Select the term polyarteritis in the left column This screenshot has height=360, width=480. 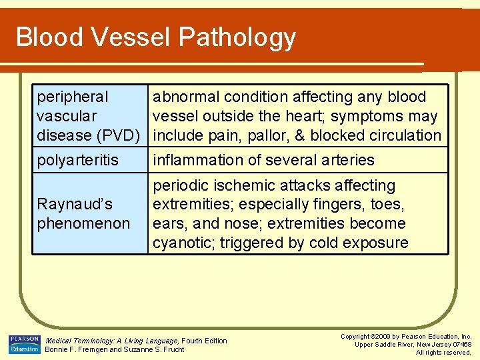[x=77, y=160]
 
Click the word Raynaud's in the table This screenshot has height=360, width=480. [x=75, y=204]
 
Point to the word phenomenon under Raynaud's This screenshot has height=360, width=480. [x=83, y=223]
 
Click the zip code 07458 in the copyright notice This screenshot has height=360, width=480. [x=459, y=344]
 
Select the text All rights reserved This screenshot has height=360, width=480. [x=443, y=352]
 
